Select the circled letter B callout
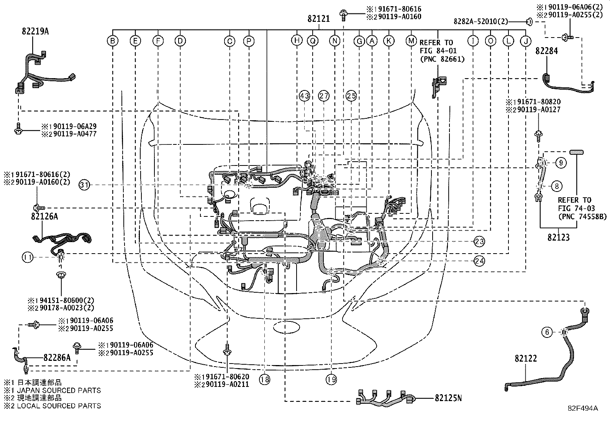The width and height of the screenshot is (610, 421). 112,40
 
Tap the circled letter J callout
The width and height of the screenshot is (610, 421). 526,40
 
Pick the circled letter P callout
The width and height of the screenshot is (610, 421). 249,40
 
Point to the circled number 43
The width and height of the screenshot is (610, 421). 304,96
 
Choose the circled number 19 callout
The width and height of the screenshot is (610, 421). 331,379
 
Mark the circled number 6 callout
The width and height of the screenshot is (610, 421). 547,332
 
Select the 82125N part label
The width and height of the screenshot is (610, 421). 448,398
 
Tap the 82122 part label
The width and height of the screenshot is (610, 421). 526,359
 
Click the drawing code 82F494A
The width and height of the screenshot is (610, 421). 583,408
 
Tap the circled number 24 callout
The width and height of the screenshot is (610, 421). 479,260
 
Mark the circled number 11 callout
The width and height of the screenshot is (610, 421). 28,257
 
